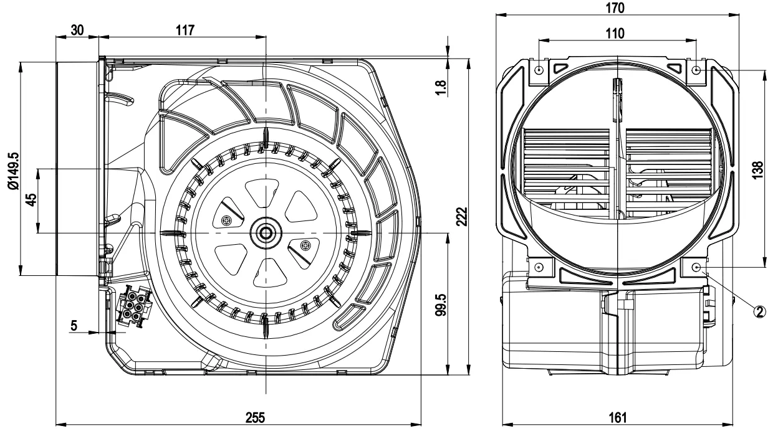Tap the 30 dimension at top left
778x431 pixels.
click(77, 29)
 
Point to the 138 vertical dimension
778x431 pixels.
click(757, 168)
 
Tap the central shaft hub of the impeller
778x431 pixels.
click(266, 233)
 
